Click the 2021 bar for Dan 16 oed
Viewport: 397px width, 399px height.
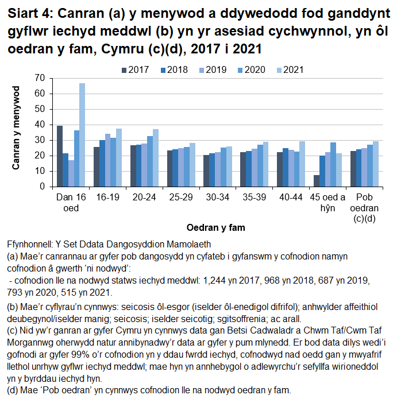coord(82,135)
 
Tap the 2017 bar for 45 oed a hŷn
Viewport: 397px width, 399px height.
coord(317,181)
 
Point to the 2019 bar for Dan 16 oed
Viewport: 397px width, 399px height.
coord(71,173)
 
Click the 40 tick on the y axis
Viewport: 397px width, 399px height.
coord(40,125)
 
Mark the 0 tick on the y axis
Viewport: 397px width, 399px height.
coord(42,187)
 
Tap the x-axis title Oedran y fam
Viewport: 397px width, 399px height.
coord(218,228)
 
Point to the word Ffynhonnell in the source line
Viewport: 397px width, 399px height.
coord(30,244)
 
